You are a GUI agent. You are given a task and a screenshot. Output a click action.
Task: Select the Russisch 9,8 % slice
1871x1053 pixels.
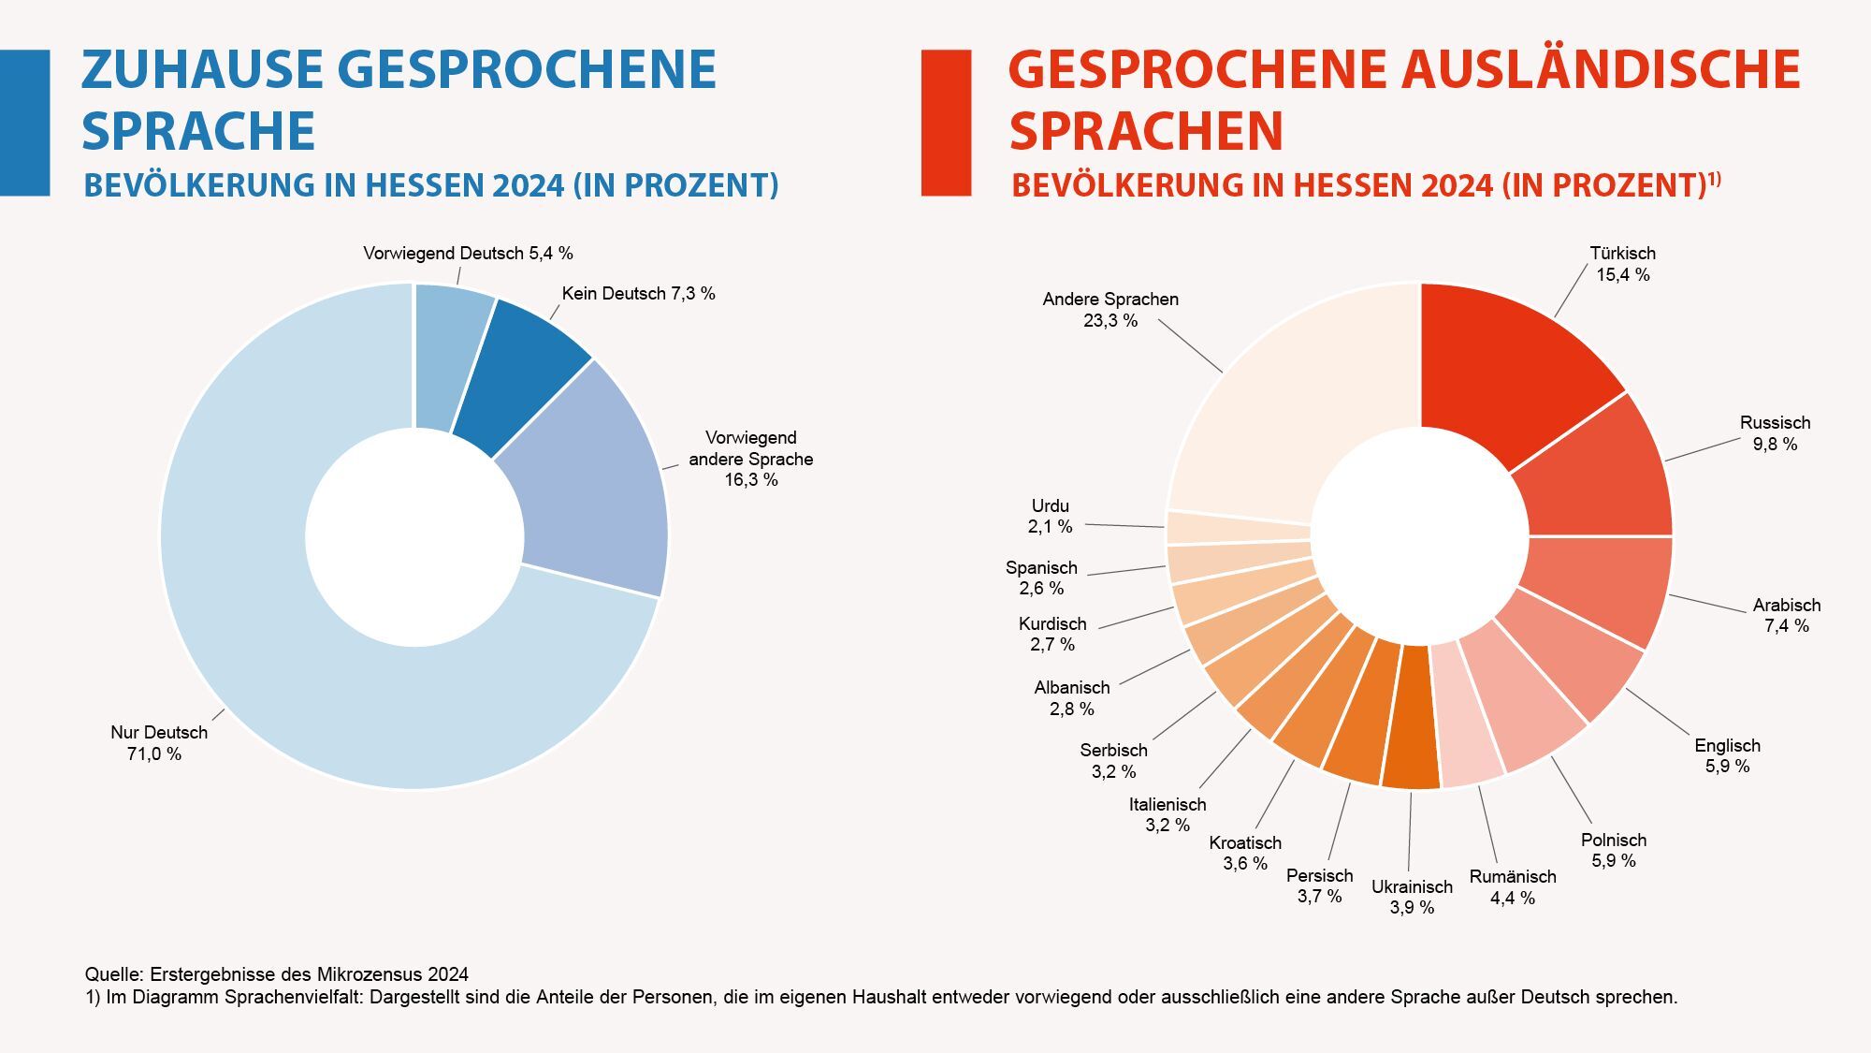click(1595, 473)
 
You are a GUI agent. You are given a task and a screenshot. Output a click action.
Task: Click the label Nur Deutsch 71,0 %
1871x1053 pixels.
click(158, 743)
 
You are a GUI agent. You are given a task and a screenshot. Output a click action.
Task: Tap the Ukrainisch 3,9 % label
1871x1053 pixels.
click(1412, 897)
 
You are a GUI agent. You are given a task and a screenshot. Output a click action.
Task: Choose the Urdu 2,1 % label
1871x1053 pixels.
click(1050, 517)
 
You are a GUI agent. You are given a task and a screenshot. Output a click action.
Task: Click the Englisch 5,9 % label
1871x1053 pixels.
click(1727, 755)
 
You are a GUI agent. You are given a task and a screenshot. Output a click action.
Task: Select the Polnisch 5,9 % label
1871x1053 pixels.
click(1614, 850)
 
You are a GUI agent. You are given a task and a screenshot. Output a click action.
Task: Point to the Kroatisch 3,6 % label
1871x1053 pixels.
click(1245, 853)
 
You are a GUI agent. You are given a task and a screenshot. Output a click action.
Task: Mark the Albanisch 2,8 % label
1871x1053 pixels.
click(1072, 698)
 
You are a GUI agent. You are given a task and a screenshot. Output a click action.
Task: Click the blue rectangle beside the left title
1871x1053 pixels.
click(24, 123)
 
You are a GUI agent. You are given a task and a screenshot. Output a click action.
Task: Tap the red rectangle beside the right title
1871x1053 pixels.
click(946, 123)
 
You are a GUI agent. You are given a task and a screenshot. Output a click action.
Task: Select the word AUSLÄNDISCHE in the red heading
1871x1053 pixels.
click(1600, 70)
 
